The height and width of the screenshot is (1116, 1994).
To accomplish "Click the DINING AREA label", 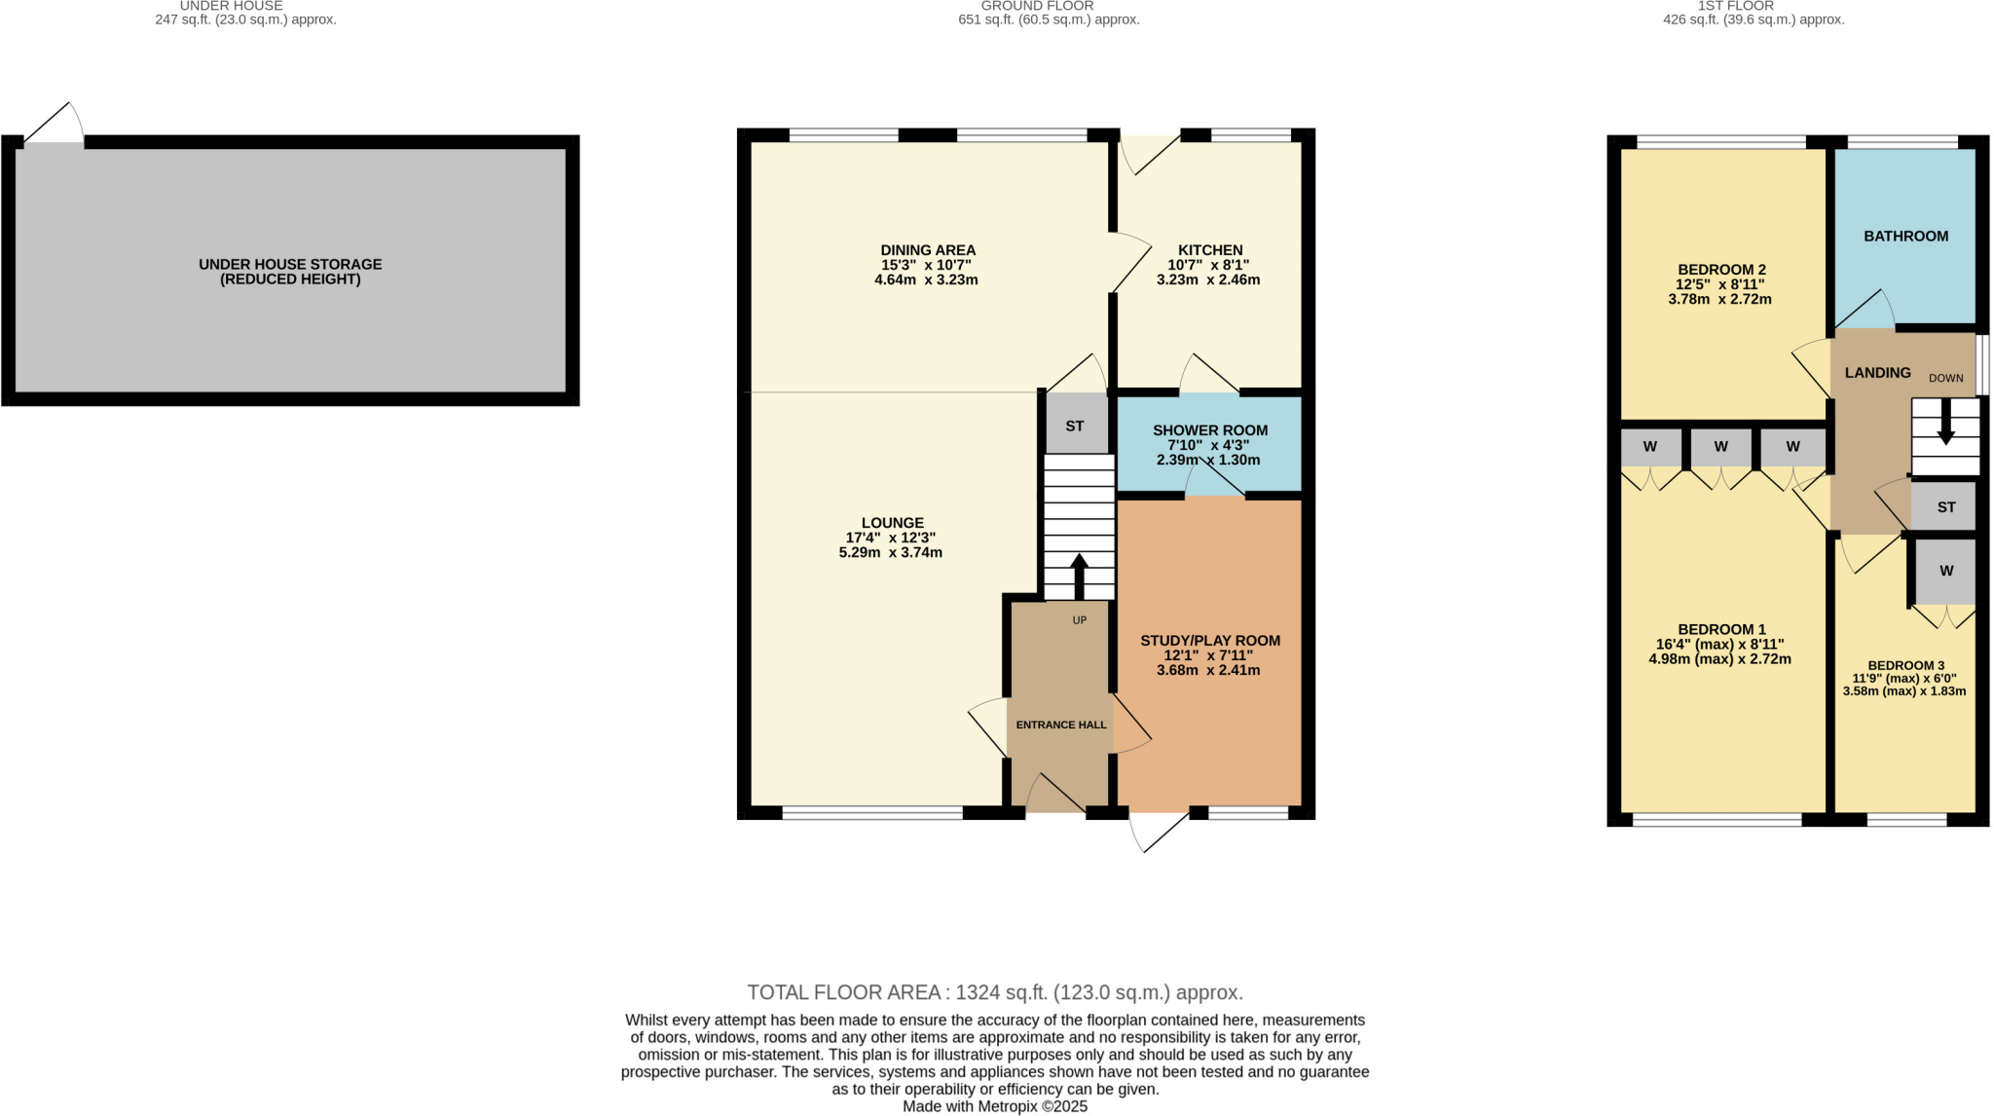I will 927,250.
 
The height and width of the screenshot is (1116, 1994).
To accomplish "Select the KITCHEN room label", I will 1209,250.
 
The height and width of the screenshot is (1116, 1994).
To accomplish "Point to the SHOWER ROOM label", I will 1209,430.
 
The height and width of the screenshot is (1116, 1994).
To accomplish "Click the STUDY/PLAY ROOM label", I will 1209,641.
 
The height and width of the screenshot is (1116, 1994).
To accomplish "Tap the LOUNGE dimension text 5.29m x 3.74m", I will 890,552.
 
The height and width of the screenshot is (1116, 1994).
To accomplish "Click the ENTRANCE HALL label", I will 1060,725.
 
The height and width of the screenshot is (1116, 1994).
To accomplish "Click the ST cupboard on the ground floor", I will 1074,426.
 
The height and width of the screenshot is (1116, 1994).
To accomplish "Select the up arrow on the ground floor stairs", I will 1079,575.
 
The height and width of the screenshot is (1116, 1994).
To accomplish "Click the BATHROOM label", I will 1905,236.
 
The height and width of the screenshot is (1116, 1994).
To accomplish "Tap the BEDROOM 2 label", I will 1720,270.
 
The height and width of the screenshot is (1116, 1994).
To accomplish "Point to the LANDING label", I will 1877,372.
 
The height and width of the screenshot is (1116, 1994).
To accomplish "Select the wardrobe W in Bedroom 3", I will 1945,571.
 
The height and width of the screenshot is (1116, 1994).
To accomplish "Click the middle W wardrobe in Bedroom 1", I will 1720,447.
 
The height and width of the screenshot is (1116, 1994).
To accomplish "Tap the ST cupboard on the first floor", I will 1945,507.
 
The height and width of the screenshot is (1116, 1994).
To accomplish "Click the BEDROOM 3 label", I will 1905,665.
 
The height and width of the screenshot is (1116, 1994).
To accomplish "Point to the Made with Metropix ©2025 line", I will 995,1106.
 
